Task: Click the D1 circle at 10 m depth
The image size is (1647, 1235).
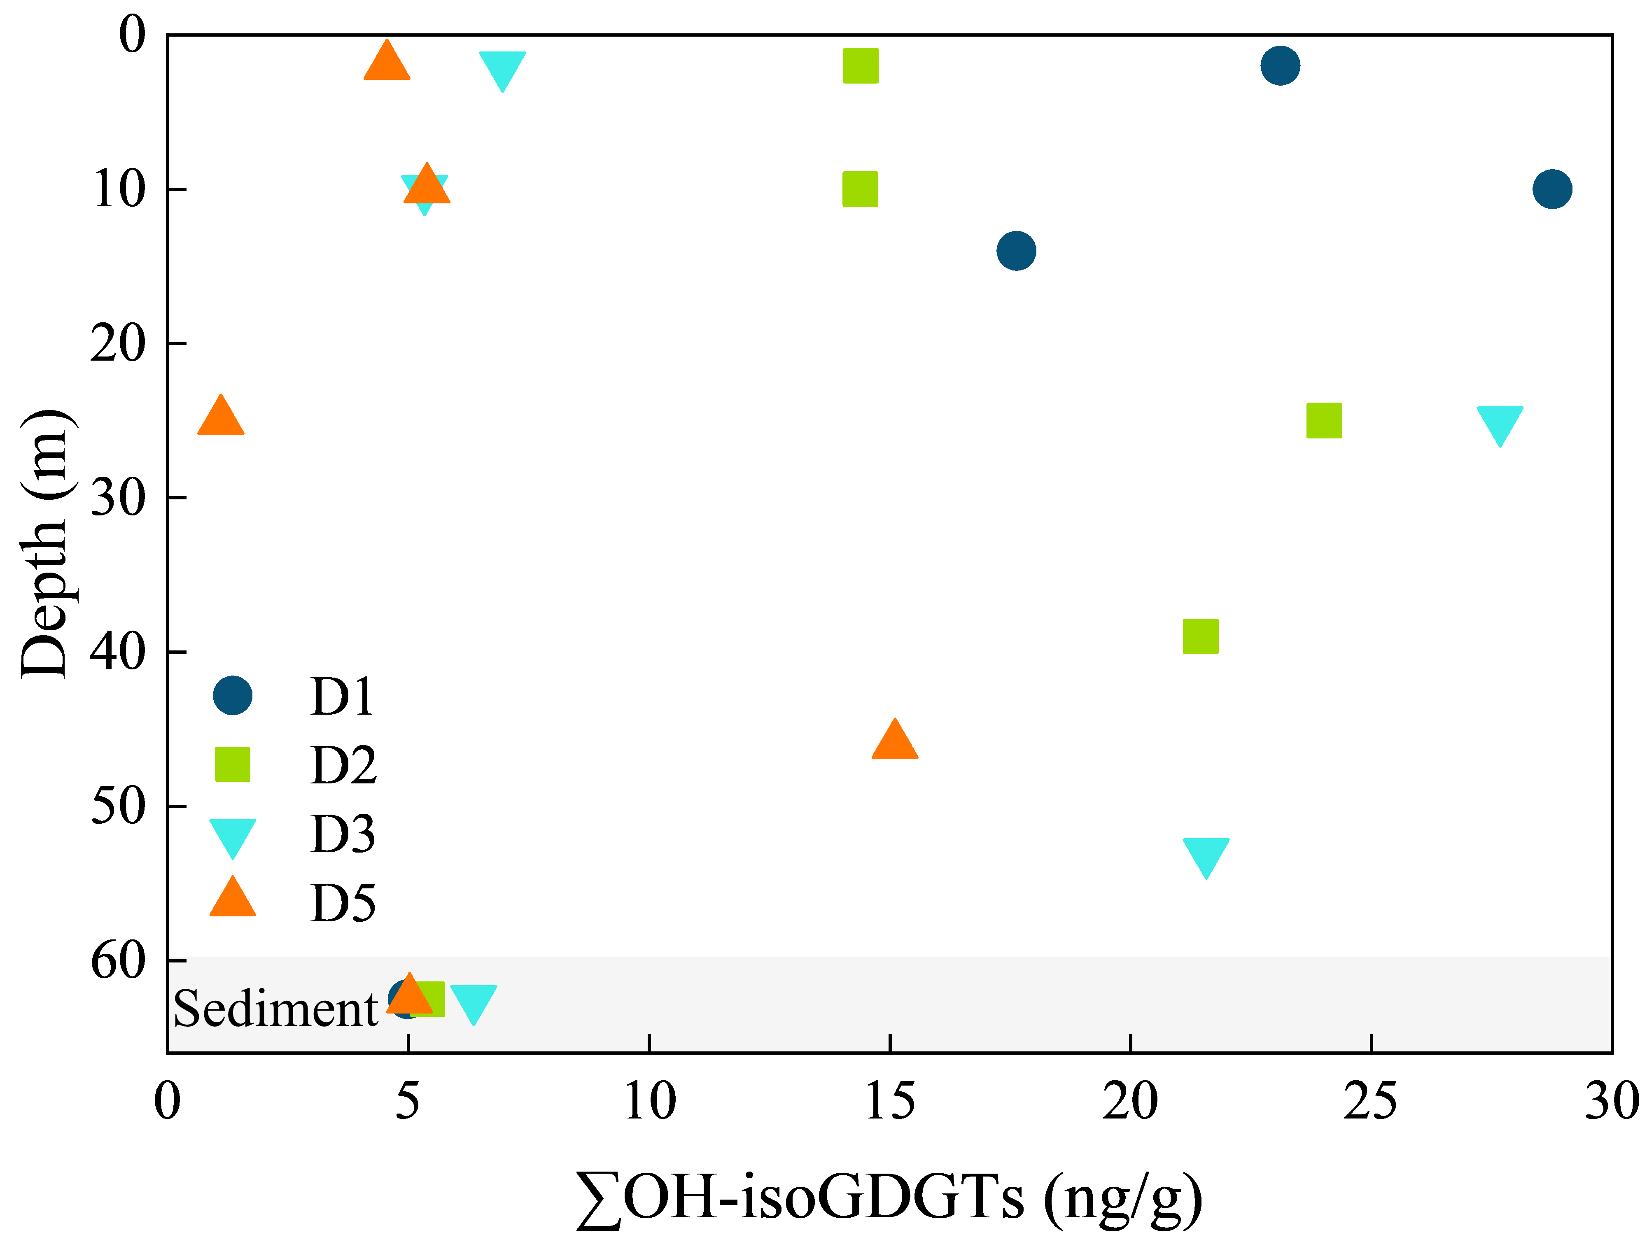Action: coord(1552,189)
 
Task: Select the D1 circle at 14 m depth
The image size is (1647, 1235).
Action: coord(1016,250)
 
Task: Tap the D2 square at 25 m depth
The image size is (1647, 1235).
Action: coord(1324,421)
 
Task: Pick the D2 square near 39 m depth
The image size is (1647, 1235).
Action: coord(1200,636)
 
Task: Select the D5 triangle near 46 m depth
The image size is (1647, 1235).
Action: coord(894,741)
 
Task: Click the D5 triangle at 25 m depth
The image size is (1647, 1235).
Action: coord(220,417)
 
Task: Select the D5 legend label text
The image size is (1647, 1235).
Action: coord(343,903)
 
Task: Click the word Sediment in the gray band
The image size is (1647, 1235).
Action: coord(275,1009)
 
